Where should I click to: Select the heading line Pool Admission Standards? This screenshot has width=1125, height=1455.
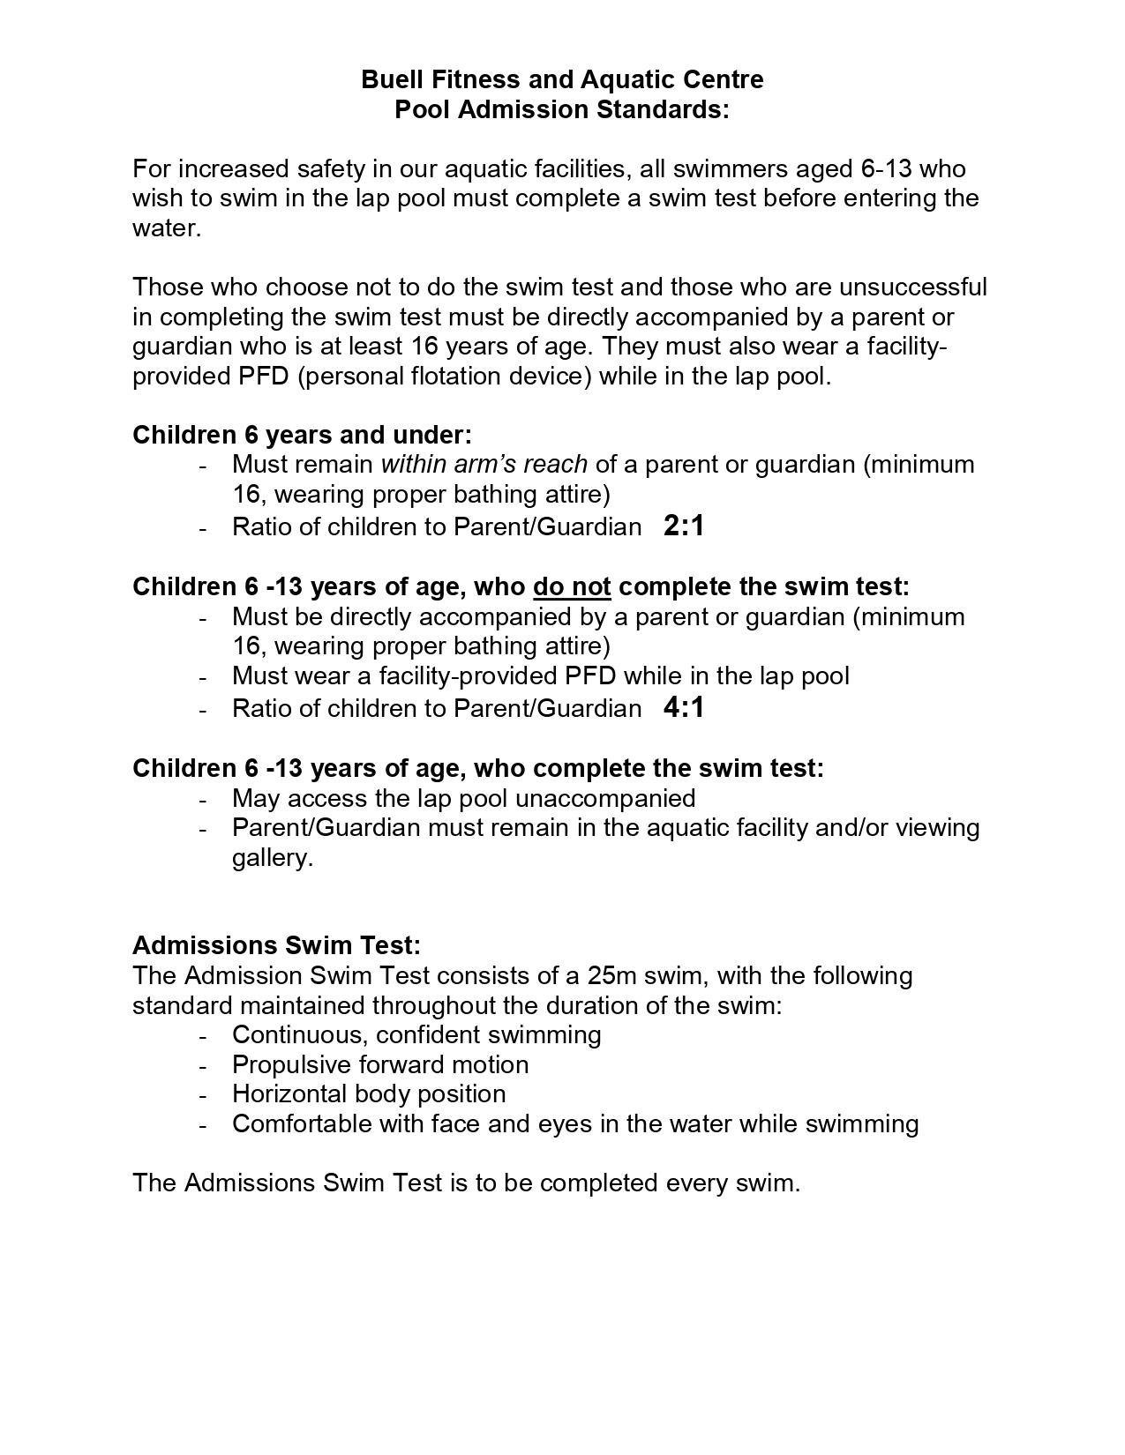(562, 110)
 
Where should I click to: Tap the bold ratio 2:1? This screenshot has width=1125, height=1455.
(684, 526)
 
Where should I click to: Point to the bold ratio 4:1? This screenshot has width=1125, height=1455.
(684, 708)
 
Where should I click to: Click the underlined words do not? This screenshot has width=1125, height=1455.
(572, 586)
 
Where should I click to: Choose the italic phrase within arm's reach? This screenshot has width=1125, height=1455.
(484, 464)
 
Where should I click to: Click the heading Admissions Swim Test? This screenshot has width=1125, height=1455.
(276, 945)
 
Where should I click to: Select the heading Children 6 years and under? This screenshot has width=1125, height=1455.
(302, 435)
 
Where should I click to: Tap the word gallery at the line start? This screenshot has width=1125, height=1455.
(272, 858)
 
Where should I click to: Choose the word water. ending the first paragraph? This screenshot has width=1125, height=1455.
(167, 228)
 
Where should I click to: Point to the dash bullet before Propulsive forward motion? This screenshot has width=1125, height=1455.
(204, 1066)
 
